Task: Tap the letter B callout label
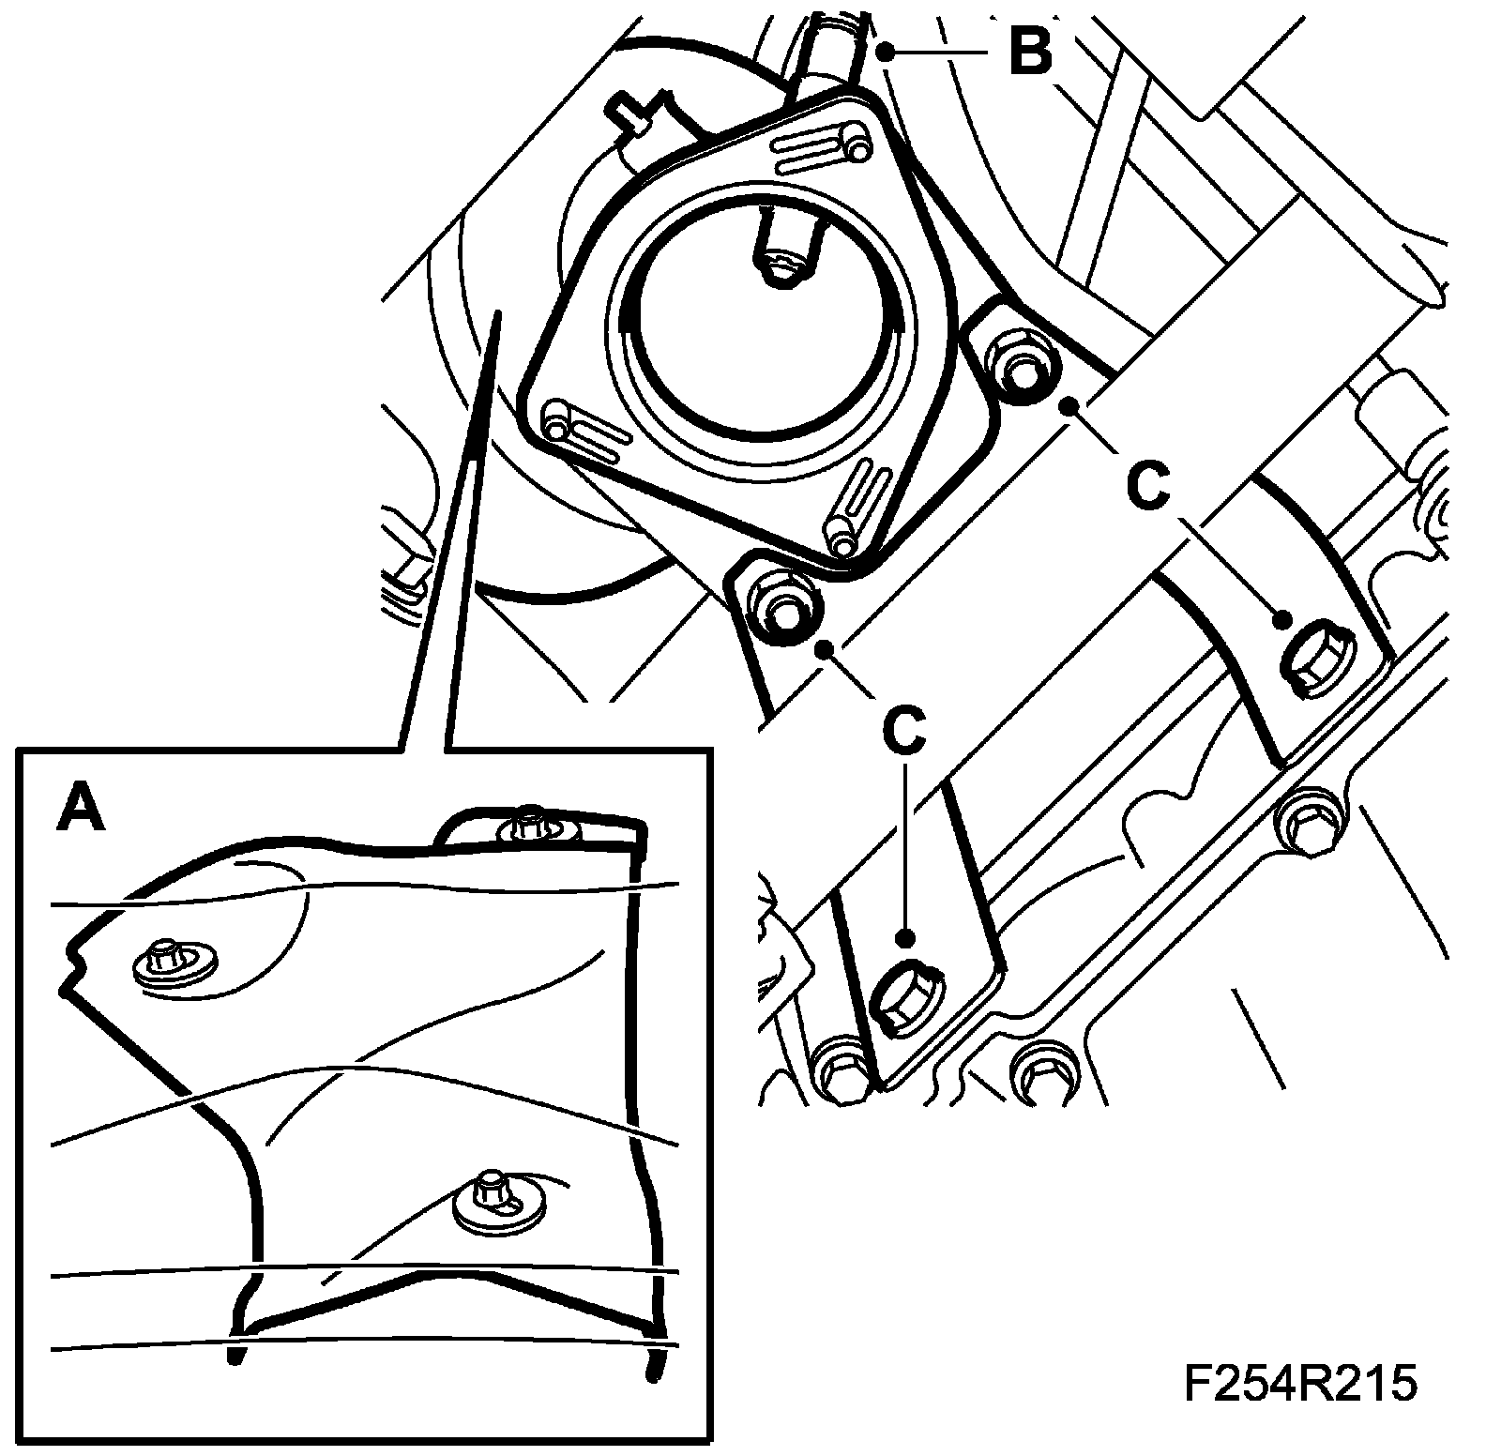tap(1030, 53)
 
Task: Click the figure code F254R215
tap(1299, 1384)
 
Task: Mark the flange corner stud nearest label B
tap(855, 143)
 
